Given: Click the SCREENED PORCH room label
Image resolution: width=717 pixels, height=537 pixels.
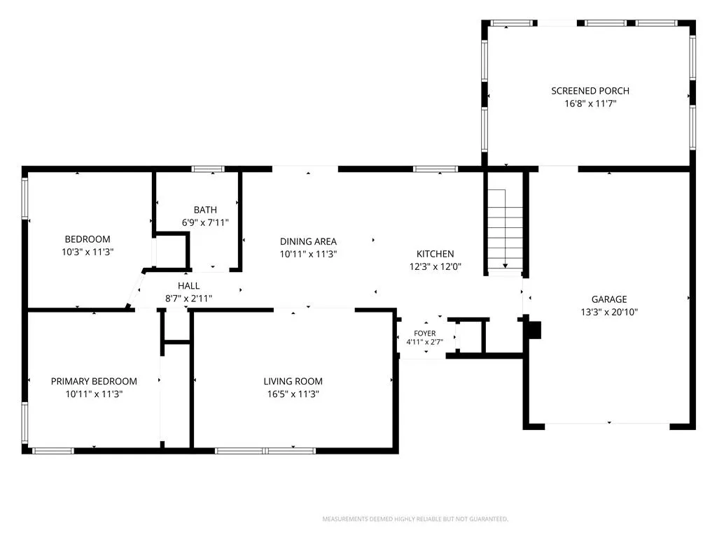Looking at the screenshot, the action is [590, 91].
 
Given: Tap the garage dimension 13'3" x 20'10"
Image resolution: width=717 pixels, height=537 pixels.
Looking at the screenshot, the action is [609, 312].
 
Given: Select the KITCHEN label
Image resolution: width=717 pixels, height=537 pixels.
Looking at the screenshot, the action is [435, 254].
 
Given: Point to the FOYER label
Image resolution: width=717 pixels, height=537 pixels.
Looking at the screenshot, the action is [425, 334].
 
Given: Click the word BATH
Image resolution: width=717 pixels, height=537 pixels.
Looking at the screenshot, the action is [205, 210].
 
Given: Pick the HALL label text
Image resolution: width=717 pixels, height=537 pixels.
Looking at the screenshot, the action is [188, 286].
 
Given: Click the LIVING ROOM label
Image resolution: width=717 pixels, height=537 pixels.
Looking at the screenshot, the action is [293, 381].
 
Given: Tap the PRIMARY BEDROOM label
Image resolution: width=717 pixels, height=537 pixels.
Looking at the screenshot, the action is [94, 381].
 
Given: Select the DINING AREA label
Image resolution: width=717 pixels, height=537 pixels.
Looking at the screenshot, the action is [308, 241].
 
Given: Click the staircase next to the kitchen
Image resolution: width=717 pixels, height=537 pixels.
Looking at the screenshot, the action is [506, 231].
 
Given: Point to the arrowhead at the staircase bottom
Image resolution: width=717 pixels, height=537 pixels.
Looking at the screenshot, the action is [506, 265].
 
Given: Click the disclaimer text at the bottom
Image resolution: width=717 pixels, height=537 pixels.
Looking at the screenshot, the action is [415, 519].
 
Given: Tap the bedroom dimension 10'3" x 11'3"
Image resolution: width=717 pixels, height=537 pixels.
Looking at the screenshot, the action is [88, 252].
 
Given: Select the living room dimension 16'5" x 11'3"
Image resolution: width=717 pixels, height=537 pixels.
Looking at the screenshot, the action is [293, 394].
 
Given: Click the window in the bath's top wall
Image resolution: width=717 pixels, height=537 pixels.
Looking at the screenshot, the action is [208, 169].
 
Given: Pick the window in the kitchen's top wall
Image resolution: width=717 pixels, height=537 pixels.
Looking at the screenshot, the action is [436, 169].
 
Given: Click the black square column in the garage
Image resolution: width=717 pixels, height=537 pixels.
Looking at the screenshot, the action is [534, 330].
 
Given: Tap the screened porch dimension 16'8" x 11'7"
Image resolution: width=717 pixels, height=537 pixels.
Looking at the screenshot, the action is [590, 103].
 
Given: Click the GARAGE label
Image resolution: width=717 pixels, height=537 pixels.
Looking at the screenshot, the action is [609, 299].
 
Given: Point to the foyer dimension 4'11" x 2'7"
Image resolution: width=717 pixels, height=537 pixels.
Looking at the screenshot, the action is [425, 341].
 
